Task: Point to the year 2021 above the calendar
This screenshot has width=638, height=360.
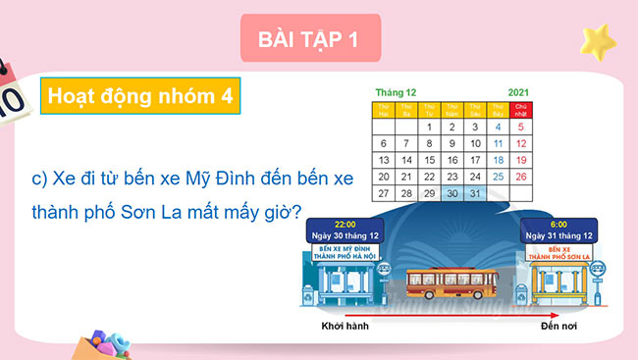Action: (x=519, y=91)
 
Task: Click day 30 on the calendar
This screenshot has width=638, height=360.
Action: (x=452, y=193)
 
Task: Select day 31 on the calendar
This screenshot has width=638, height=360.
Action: (x=475, y=193)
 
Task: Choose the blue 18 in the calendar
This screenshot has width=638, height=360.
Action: (x=498, y=160)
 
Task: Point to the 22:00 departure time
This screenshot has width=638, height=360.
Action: (x=345, y=224)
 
